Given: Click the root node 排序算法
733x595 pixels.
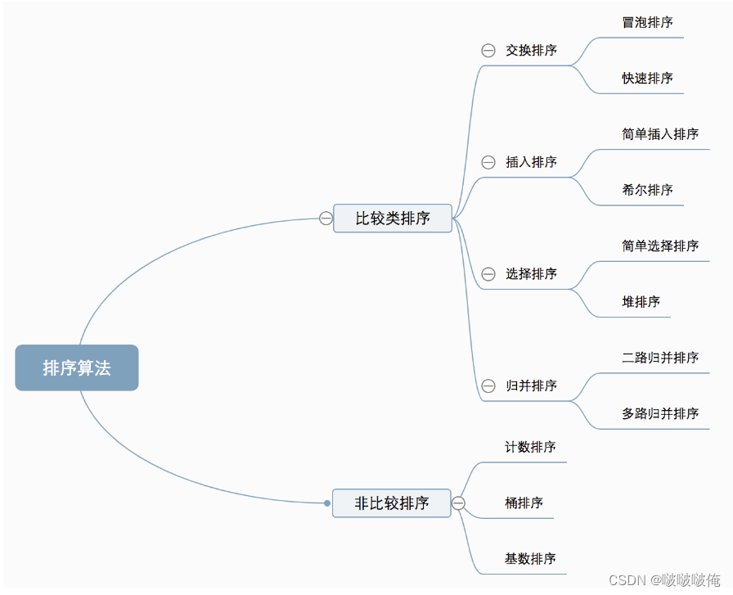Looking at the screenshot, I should (x=77, y=367).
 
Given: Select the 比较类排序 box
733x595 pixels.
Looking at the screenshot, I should (x=393, y=219).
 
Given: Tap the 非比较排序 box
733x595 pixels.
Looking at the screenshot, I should (x=392, y=503).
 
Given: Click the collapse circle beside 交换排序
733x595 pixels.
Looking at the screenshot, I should (x=488, y=51).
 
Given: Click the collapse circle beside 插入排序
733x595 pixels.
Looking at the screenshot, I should (x=488, y=162).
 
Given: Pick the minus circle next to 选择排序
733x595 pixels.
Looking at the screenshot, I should (x=488, y=274).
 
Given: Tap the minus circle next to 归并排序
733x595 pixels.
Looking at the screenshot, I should (x=488, y=385).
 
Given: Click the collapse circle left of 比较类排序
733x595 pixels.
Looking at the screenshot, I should (x=326, y=219).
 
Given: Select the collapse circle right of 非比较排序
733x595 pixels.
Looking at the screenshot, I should (x=459, y=503).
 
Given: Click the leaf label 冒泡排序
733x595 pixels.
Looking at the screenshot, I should (x=647, y=22).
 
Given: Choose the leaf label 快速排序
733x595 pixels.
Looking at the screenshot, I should (x=647, y=78).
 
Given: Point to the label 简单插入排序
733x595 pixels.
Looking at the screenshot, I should (x=660, y=133).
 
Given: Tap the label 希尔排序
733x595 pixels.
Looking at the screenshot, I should (x=647, y=189).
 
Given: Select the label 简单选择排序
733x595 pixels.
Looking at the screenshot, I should (x=660, y=246).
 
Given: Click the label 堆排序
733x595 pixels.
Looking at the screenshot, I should (x=641, y=301).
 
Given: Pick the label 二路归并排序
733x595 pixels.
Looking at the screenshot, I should (x=660, y=357).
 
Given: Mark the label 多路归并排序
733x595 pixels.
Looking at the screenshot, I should (x=660, y=413).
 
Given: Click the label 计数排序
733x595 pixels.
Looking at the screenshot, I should (x=530, y=447).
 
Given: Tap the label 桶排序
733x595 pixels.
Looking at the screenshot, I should (x=524, y=503).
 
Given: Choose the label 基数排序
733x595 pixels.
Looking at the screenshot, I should (x=530, y=558).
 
